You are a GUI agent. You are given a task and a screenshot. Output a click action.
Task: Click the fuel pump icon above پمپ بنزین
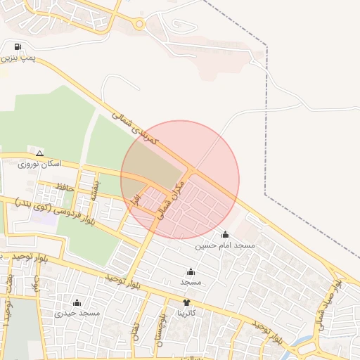click(x=16, y=48)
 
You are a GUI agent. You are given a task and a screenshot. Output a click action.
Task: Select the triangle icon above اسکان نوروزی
click(x=39, y=153)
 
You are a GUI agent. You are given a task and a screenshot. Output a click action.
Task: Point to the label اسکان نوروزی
click(x=40, y=163)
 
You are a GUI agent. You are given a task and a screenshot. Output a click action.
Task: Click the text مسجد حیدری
click(x=77, y=312)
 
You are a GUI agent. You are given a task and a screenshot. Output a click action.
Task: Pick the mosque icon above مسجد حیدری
click(x=77, y=302)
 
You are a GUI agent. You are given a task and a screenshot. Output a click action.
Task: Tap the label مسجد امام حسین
click(x=225, y=245)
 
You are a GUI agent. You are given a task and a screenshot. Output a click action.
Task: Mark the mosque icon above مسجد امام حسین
click(x=225, y=235)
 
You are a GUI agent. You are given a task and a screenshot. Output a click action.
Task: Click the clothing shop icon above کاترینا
click(x=186, y=302)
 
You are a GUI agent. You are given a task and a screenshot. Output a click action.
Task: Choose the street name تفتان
click(x=136, y=330)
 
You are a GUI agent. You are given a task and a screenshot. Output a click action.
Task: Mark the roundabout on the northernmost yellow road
click(x=139, y=25)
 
